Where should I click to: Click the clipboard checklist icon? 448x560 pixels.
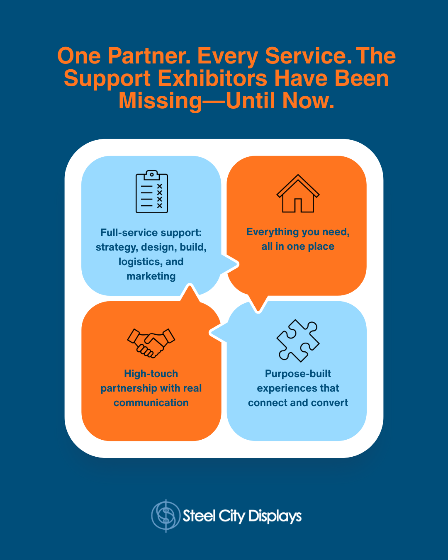[x=152, y=192]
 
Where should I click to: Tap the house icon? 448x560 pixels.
[x=298, y=194]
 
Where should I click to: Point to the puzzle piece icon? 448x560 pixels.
[x=298, y=340]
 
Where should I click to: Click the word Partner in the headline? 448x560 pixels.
[x=149, y=56]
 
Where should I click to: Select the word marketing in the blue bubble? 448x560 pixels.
[x=151, y=276]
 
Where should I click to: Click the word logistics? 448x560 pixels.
[x=139, y=262]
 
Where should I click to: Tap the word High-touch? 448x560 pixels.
[x=151, y=374]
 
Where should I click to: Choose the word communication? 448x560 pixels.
[x=151, y=403]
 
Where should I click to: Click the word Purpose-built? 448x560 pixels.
[x=298, y=374]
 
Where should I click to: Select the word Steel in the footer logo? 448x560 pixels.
[x=199, y=516]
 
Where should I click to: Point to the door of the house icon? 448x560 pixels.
[x=298, y=205]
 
